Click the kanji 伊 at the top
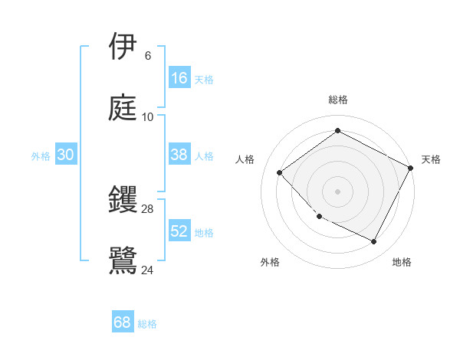coord(123,47)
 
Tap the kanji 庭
coord(123,108)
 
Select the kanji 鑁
coord(123,200)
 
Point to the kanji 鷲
coord(123,259)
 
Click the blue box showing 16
coord(179,78)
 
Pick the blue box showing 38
coord(179,155)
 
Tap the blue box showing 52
coord(179,231)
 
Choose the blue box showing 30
coord(66,155)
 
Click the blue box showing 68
coord(123,322)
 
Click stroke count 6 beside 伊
coord(147,56)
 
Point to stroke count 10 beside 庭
coord(148,117)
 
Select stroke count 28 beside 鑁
coord(147,209)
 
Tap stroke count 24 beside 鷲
coord(148,269)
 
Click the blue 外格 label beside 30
coord(41,156)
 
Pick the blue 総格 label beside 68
coord(147,324)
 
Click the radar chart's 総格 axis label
coord(337,100)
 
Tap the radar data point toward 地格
coord(374,242)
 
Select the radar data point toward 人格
coord(280,172)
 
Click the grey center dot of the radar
coord(337,191)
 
